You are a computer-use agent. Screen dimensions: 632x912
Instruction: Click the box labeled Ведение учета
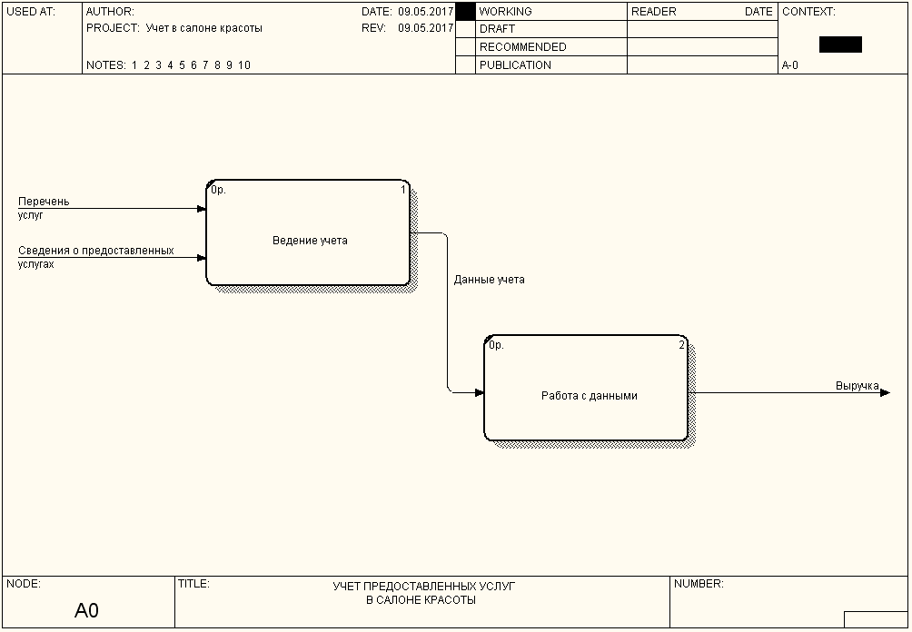(309, 234)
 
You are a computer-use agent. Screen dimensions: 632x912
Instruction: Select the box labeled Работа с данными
(586, 389)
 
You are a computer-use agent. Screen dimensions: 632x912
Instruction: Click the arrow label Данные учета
(489, 280)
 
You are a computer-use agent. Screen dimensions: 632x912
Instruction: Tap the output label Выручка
(857, 386)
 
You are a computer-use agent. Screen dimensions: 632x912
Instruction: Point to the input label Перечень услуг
(44, 208)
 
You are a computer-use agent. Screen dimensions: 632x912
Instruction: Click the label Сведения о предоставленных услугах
(95, 257)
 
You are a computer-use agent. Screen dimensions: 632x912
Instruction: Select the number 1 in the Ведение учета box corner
(403, 190)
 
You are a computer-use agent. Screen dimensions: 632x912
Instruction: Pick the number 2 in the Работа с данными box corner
(681, 345)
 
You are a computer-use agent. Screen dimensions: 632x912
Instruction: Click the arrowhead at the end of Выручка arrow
(885, 392)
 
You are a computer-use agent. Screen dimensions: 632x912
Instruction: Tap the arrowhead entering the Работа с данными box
(479, 392)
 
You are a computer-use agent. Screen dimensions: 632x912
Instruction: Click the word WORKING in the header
(506, 12)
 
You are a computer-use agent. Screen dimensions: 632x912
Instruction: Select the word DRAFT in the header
(497, 29)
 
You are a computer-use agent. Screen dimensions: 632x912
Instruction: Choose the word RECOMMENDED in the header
(522, 47)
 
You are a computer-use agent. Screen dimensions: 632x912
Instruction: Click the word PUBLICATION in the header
(515, 65)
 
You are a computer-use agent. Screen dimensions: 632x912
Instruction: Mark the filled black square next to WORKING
(465, 12)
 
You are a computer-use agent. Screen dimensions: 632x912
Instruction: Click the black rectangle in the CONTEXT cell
(840, 44)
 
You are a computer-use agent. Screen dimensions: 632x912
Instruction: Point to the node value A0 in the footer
(86, 610)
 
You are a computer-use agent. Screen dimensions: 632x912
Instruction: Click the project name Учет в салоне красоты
(203, 28)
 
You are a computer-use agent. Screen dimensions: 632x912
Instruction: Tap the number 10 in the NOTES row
(244, 65)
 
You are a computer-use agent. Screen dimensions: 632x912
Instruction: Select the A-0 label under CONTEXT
(790, 65)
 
